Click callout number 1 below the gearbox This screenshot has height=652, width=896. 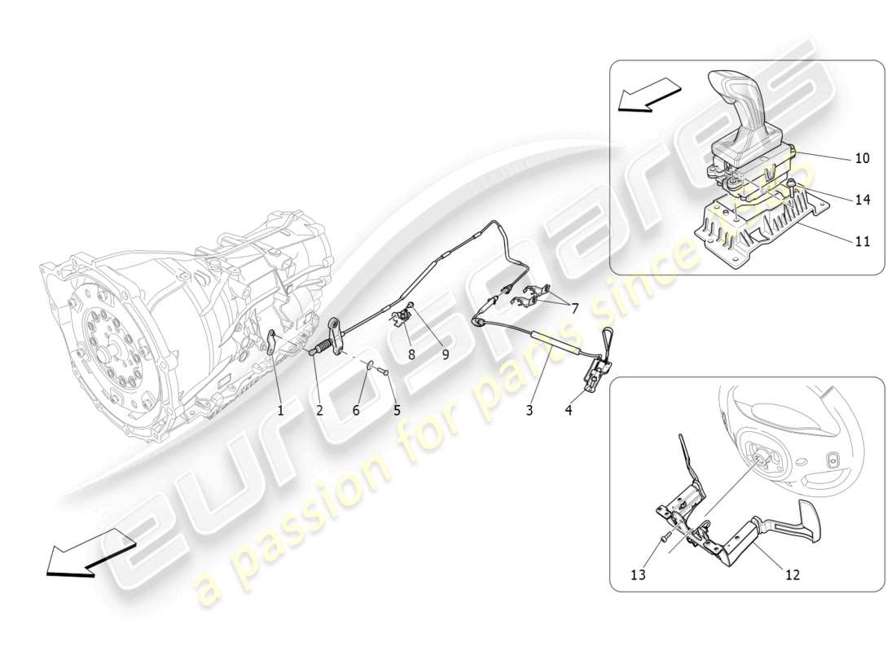point(280,411)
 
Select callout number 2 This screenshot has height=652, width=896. point(319,411)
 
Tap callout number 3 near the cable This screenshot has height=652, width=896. point(529,411)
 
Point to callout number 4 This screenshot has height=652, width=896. point(569,411)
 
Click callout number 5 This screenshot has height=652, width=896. point(397,411)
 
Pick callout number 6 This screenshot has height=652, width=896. point(356,411)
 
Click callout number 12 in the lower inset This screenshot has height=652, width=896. point(792,575)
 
